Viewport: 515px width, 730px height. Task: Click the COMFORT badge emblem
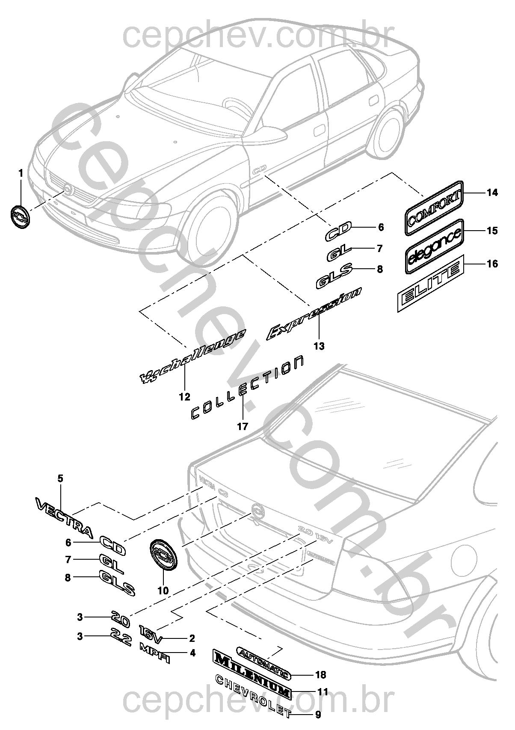click(x=434, y=208)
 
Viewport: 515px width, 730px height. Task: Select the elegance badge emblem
click(x=434, y=246)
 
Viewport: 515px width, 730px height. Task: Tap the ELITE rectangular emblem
click(x=430, y=282)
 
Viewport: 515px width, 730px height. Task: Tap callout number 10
click(x=163, y=591)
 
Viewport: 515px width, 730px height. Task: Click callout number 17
click(x=243, y=427)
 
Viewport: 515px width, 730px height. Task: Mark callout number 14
click(x=492, y=193)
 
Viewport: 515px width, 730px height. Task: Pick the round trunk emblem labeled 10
click(x=163, y=555)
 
